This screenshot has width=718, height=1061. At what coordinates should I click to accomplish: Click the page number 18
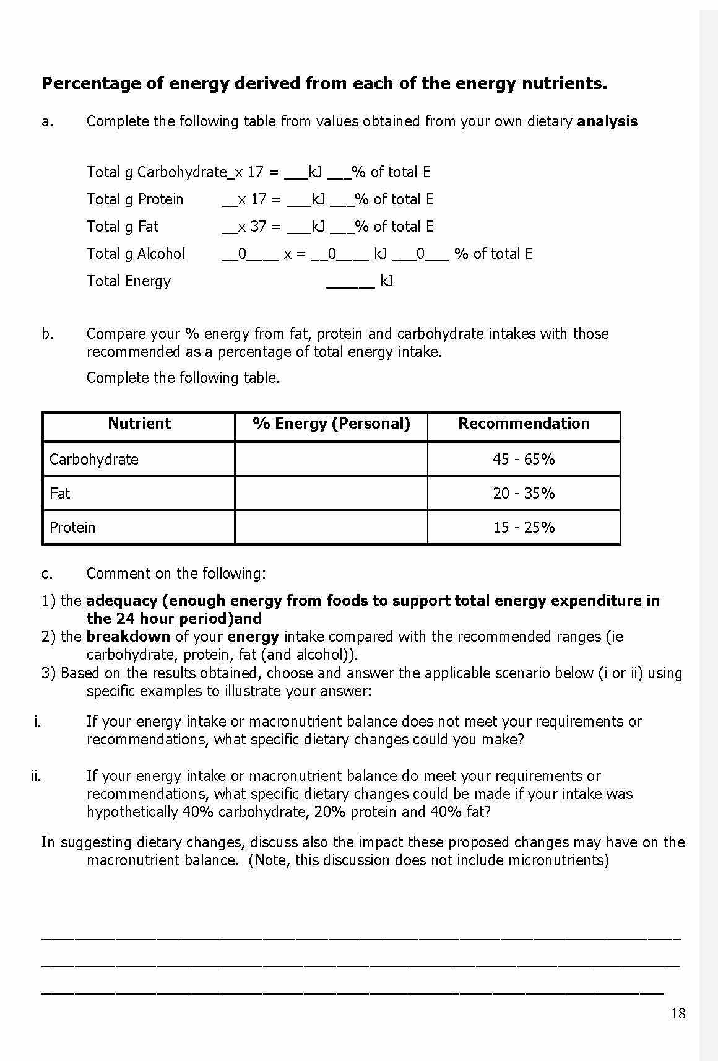pyautogui.click(x=678, y=1013)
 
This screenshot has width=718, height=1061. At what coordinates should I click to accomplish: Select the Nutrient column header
pyautogui.click(x=139, y=424)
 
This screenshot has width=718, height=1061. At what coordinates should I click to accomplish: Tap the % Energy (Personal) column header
pyautogui.click(x=331, y=424)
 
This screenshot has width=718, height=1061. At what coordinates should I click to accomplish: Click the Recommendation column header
pyautogui.click(x=524, y=424)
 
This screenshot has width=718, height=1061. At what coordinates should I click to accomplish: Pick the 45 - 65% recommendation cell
pyautogui.click(x=524, y=459)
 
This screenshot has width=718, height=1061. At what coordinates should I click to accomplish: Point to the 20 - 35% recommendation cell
pyautogui.click(x=524, y=493)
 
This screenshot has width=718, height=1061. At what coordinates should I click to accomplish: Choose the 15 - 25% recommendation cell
pyautogui.click(x=524, y=527)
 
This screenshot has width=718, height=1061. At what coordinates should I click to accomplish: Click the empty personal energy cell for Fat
pyautogui.click(x=331, y=493)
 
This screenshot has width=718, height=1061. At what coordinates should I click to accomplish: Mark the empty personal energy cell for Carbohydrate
pyautogui.click(x=331, y=459)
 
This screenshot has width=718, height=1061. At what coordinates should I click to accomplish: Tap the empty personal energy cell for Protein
pyautogui.click(x=331, y=527)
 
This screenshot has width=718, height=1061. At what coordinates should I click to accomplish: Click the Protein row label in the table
pyautogui.click(x=72, y=527)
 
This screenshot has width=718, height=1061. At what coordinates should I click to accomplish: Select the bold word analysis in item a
pyautogui.click(x=607, y=121)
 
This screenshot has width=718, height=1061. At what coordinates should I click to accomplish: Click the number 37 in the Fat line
pyautogui.click(x=258, y=227)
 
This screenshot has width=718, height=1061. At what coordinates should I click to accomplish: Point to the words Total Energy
pyautogui.click(x=129, y=281)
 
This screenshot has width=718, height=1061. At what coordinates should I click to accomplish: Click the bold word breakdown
pyautogui.click(x=128, y=637)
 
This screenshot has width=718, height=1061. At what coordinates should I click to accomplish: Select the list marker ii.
pyautogui.click(x=36, y=776)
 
